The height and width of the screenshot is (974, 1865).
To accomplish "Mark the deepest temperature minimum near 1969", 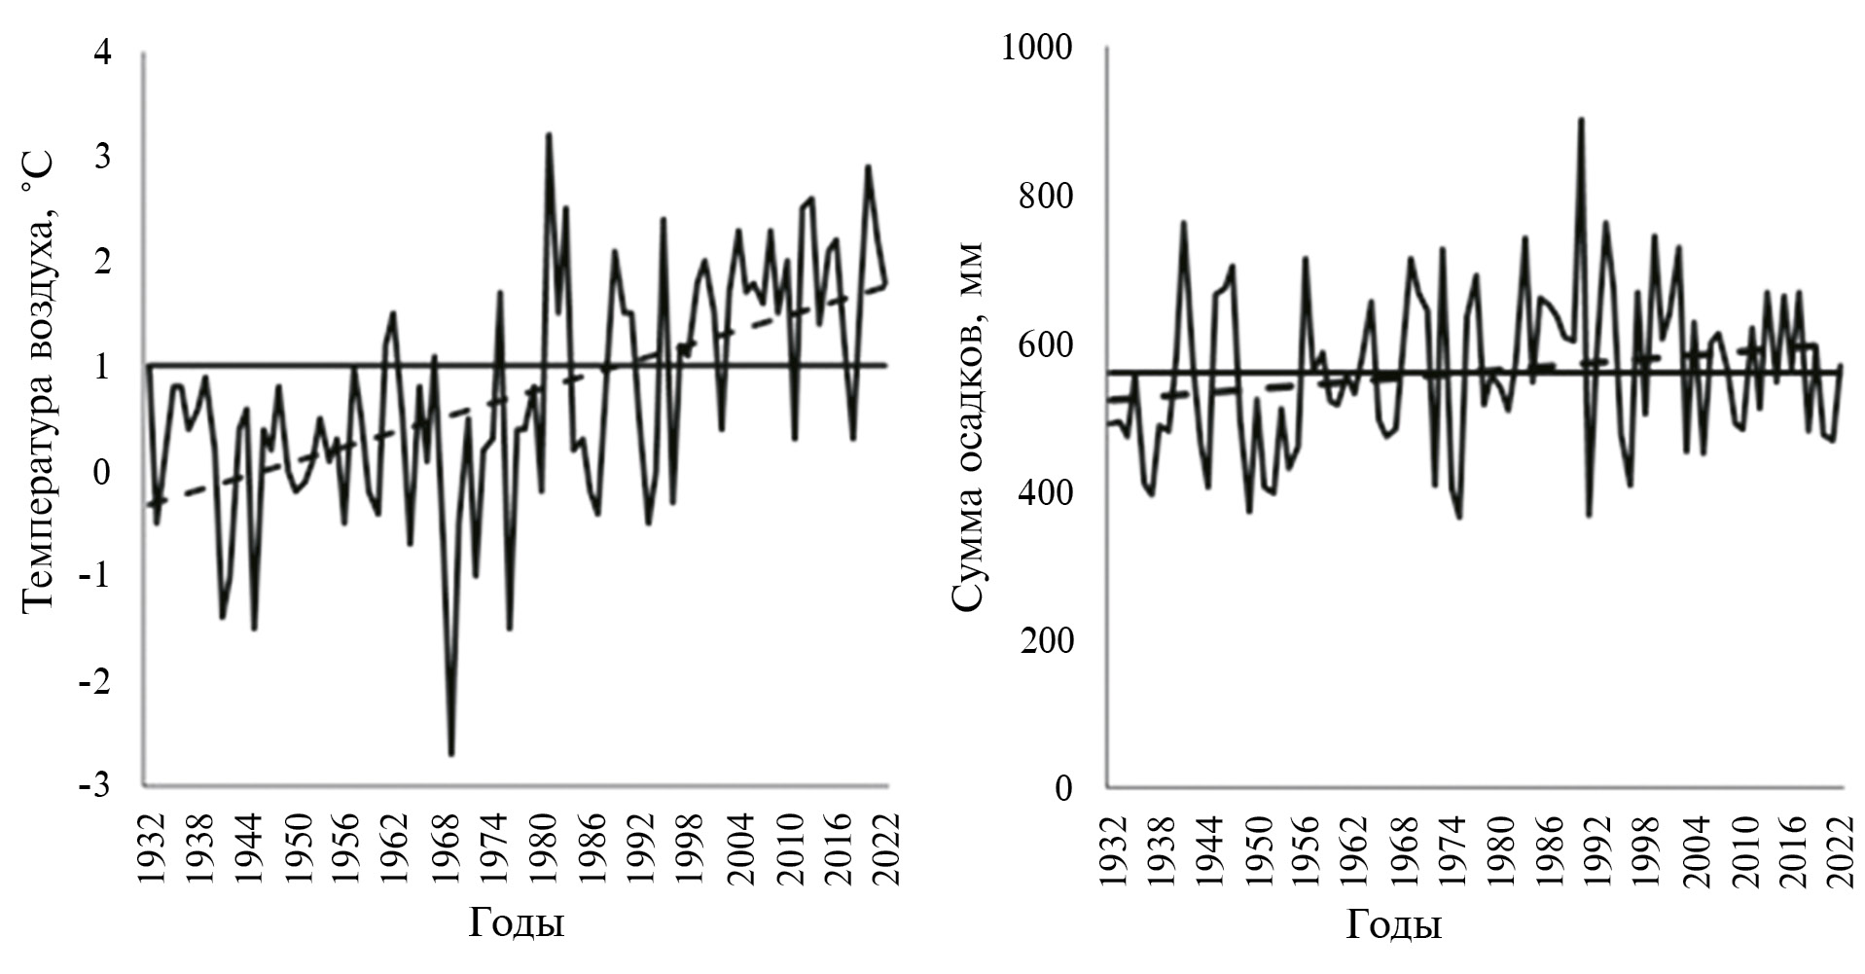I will (x=451, y=754).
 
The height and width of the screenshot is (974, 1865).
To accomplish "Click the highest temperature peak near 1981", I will (x=549, y=134).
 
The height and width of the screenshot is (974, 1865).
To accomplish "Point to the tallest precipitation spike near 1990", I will (x=1581, y=119).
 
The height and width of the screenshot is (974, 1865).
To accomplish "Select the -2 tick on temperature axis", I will (x=95, y=680).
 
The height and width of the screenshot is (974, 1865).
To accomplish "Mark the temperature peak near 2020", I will (x=868, y=165).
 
